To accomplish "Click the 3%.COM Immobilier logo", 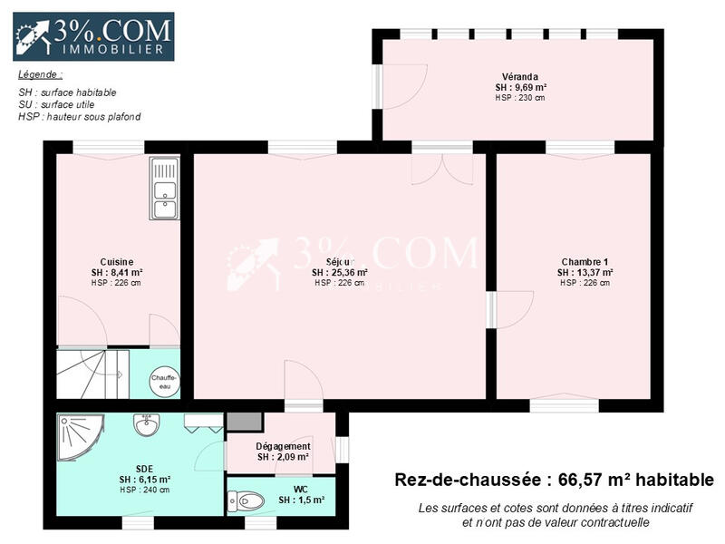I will click(93, 36).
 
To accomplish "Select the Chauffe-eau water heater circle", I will click(164, 382).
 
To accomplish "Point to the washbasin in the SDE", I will click(147, 424).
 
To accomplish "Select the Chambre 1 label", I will click(585, 262).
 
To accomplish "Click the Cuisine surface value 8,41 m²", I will click(117, 272).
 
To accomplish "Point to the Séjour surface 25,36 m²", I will click(340, 272).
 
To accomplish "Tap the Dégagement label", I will click(283, 446).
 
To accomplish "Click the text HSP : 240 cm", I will click(144, 491).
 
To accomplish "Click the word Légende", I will click(40, 74).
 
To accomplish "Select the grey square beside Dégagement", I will click(244, 422).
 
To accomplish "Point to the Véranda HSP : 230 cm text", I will click(520, 98).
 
